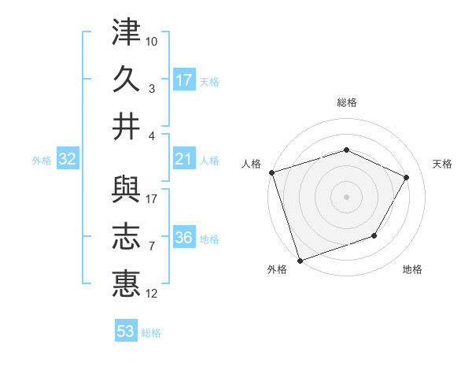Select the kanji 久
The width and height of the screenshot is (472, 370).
126,80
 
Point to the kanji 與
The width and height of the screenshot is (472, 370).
126,191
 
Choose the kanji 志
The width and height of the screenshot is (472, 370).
126,237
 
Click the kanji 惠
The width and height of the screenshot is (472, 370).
126,283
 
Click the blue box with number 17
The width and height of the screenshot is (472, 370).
184,80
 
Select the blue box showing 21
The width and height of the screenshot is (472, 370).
184,160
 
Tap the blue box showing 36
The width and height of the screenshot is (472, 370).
184,239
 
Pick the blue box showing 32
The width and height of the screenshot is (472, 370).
68,160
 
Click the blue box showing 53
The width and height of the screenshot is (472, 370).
126,331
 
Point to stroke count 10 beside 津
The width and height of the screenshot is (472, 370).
152,39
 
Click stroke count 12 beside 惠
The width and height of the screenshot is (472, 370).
152,294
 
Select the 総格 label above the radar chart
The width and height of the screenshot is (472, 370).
346,102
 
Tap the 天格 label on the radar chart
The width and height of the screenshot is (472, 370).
442,164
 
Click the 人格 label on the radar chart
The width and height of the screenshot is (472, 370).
252,164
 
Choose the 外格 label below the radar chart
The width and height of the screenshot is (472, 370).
277,269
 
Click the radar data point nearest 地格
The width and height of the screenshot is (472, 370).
375,235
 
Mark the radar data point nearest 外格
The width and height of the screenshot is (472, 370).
300,260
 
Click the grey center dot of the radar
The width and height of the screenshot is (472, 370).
346,196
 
